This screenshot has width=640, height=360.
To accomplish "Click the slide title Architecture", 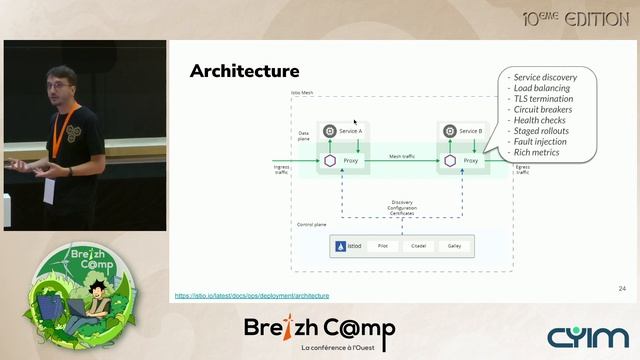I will (x=244, y=71).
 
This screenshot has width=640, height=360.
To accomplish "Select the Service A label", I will (x=350, y=131).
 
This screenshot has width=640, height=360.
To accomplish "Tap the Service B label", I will (x=470, y=131).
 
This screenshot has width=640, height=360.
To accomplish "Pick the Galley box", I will (x=455, y=245).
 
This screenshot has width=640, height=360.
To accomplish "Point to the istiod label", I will (x=352, y=245).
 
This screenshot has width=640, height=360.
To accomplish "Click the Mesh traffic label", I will (x=400, y=157).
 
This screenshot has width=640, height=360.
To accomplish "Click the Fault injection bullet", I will (x=540, y=141).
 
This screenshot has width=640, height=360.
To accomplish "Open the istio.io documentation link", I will (x=252, y=296).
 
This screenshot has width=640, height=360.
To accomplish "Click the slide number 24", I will (x=622, y=288).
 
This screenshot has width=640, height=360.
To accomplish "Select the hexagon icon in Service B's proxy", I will (x=450, y=160).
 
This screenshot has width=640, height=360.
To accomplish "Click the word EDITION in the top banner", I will (x=596, y=18).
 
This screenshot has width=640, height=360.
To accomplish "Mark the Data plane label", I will (x=304, y=134).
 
